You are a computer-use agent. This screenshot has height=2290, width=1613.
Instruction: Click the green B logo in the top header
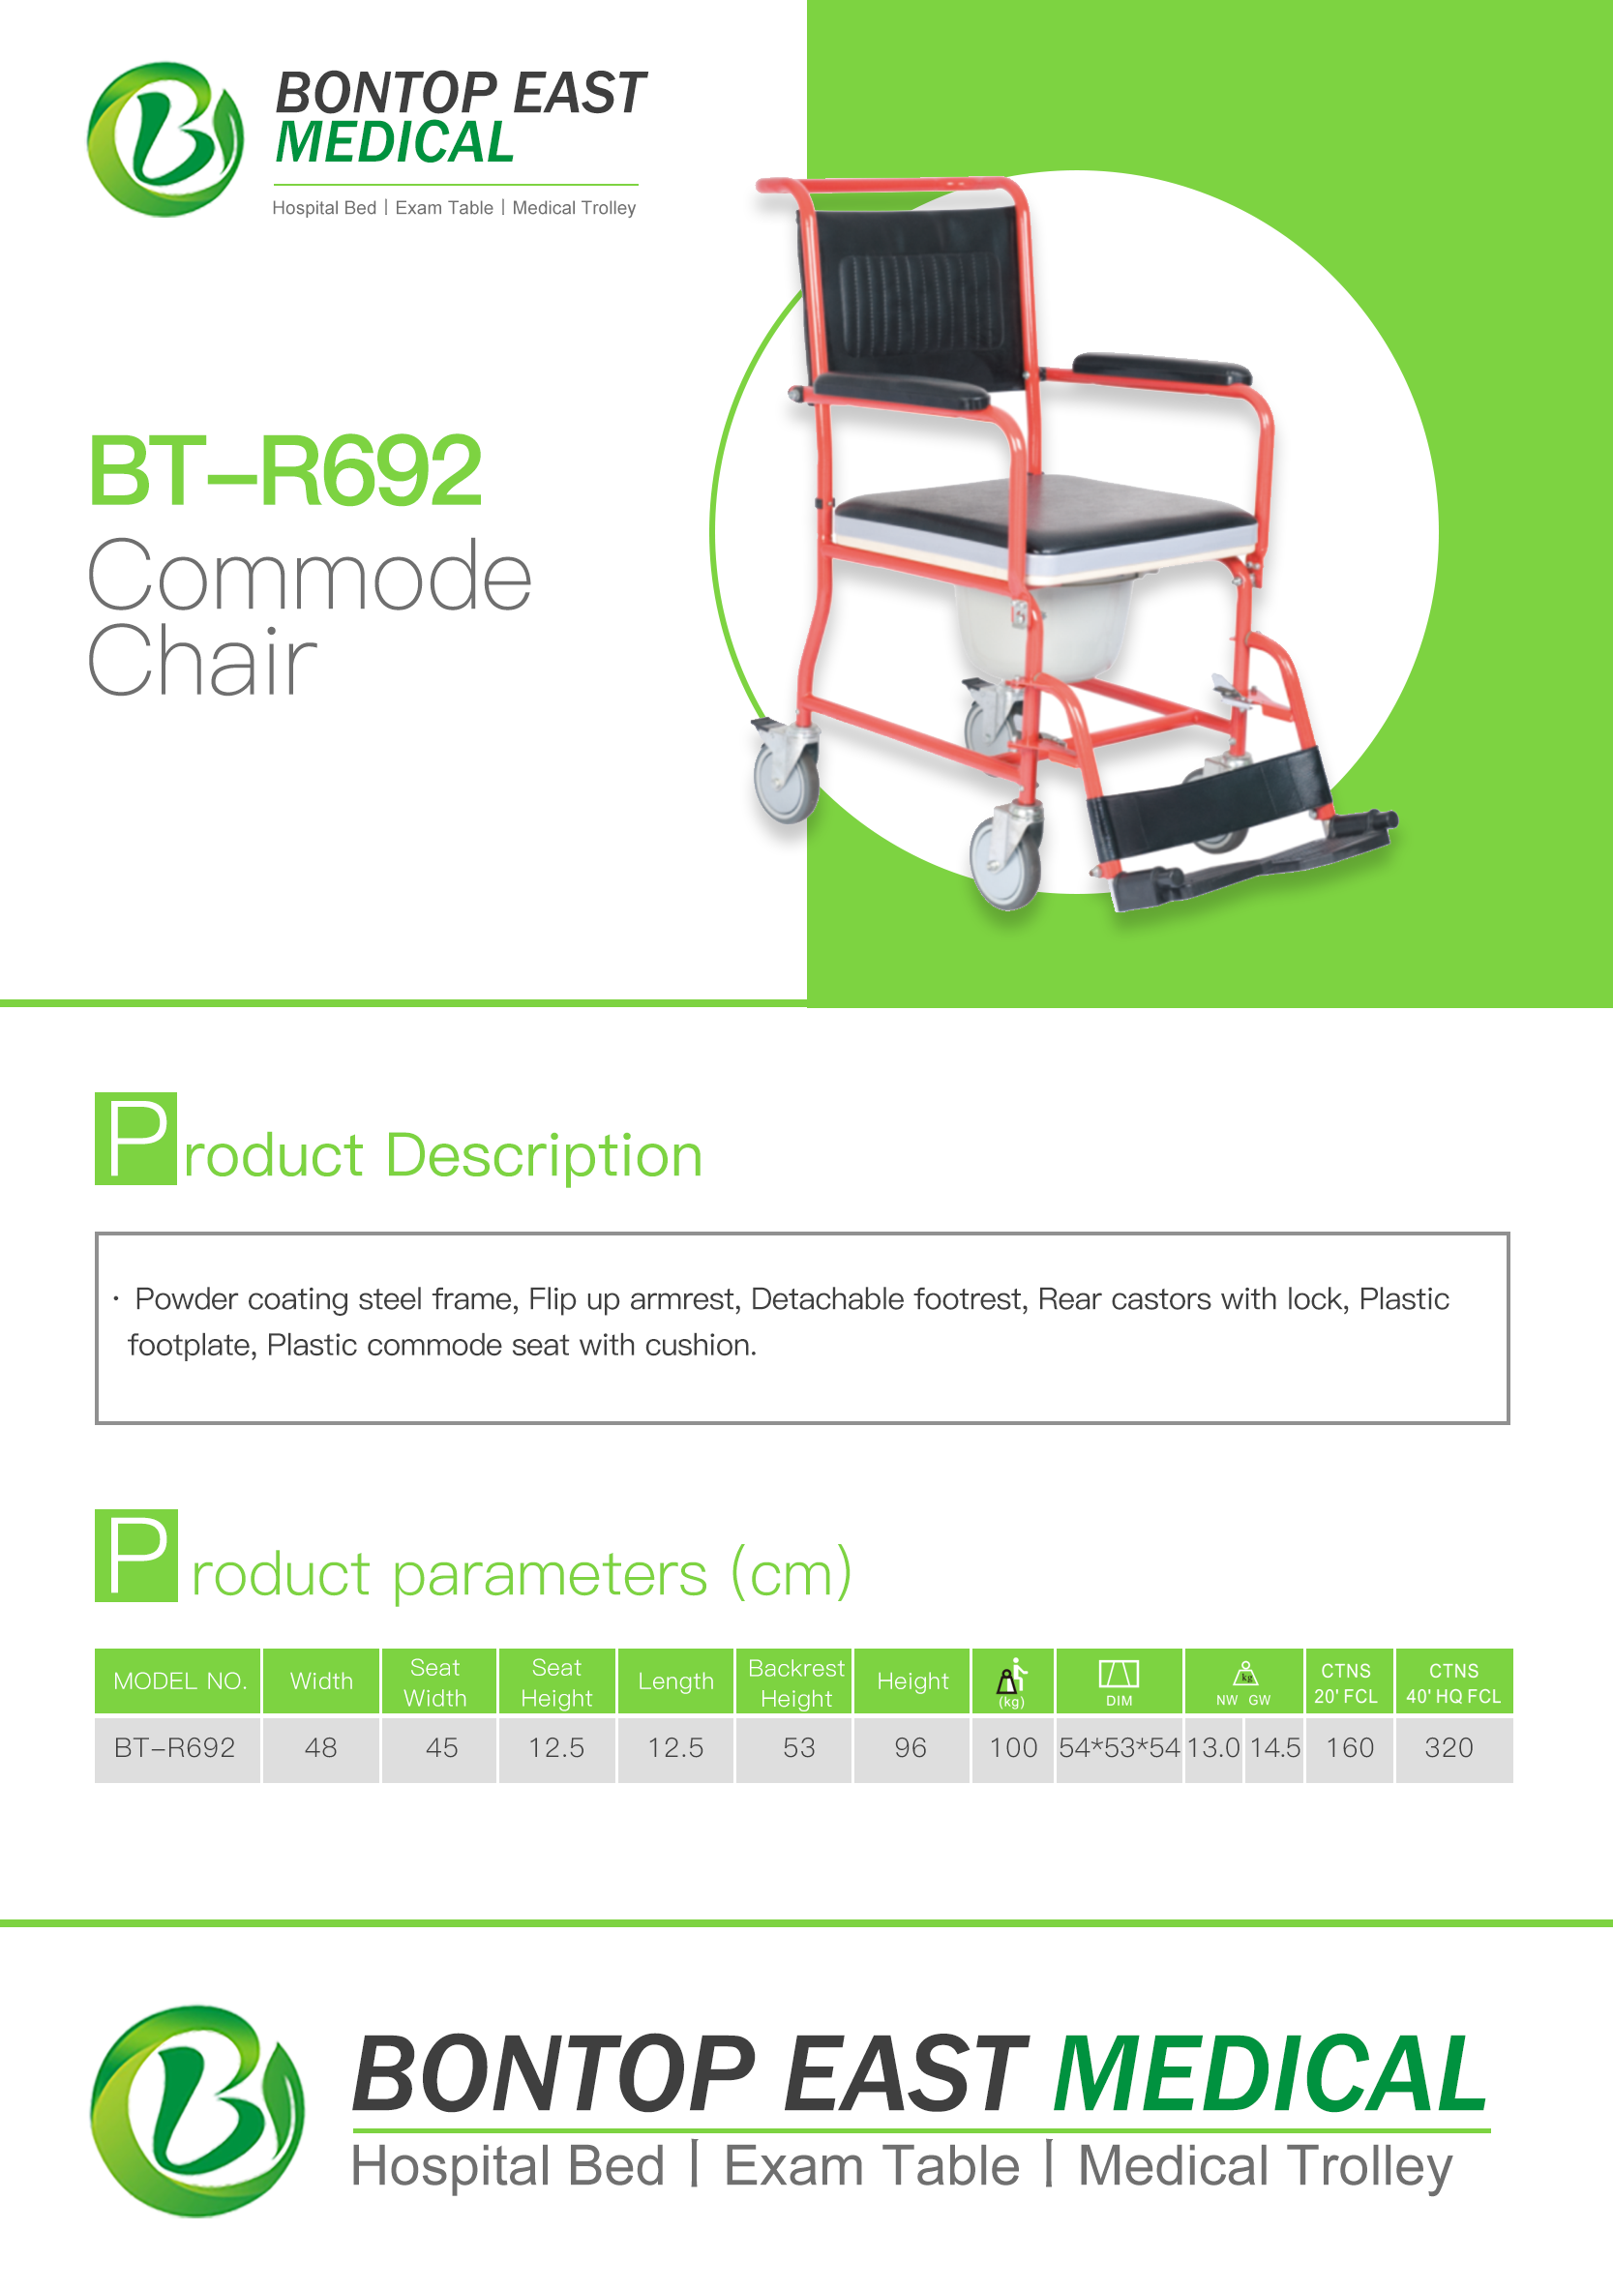[x=164, y=139]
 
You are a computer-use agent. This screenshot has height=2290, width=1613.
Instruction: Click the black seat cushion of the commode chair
[x=1042, y=514]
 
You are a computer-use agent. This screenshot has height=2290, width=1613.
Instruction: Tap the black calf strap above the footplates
[x=1207, y=798]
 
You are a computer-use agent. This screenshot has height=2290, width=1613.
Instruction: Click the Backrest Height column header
[x=795, y=1682]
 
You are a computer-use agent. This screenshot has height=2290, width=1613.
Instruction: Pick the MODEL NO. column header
[x=179, y=1681]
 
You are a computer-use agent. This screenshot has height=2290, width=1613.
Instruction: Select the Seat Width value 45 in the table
[x=441, y=1747]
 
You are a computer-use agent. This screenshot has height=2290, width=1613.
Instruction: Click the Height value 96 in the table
[x=910, y=1747]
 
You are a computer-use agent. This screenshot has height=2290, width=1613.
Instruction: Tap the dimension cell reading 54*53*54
[x=1120, y=1747]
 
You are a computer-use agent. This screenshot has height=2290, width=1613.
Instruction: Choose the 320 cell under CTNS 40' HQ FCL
[x=1449, y=1747]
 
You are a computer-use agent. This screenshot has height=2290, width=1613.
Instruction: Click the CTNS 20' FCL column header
[x=1346, y=1682]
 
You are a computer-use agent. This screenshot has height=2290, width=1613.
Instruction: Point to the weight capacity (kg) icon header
[x=1012, y=1682]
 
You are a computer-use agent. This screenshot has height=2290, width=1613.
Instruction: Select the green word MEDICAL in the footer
[x=1269, y=2075]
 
